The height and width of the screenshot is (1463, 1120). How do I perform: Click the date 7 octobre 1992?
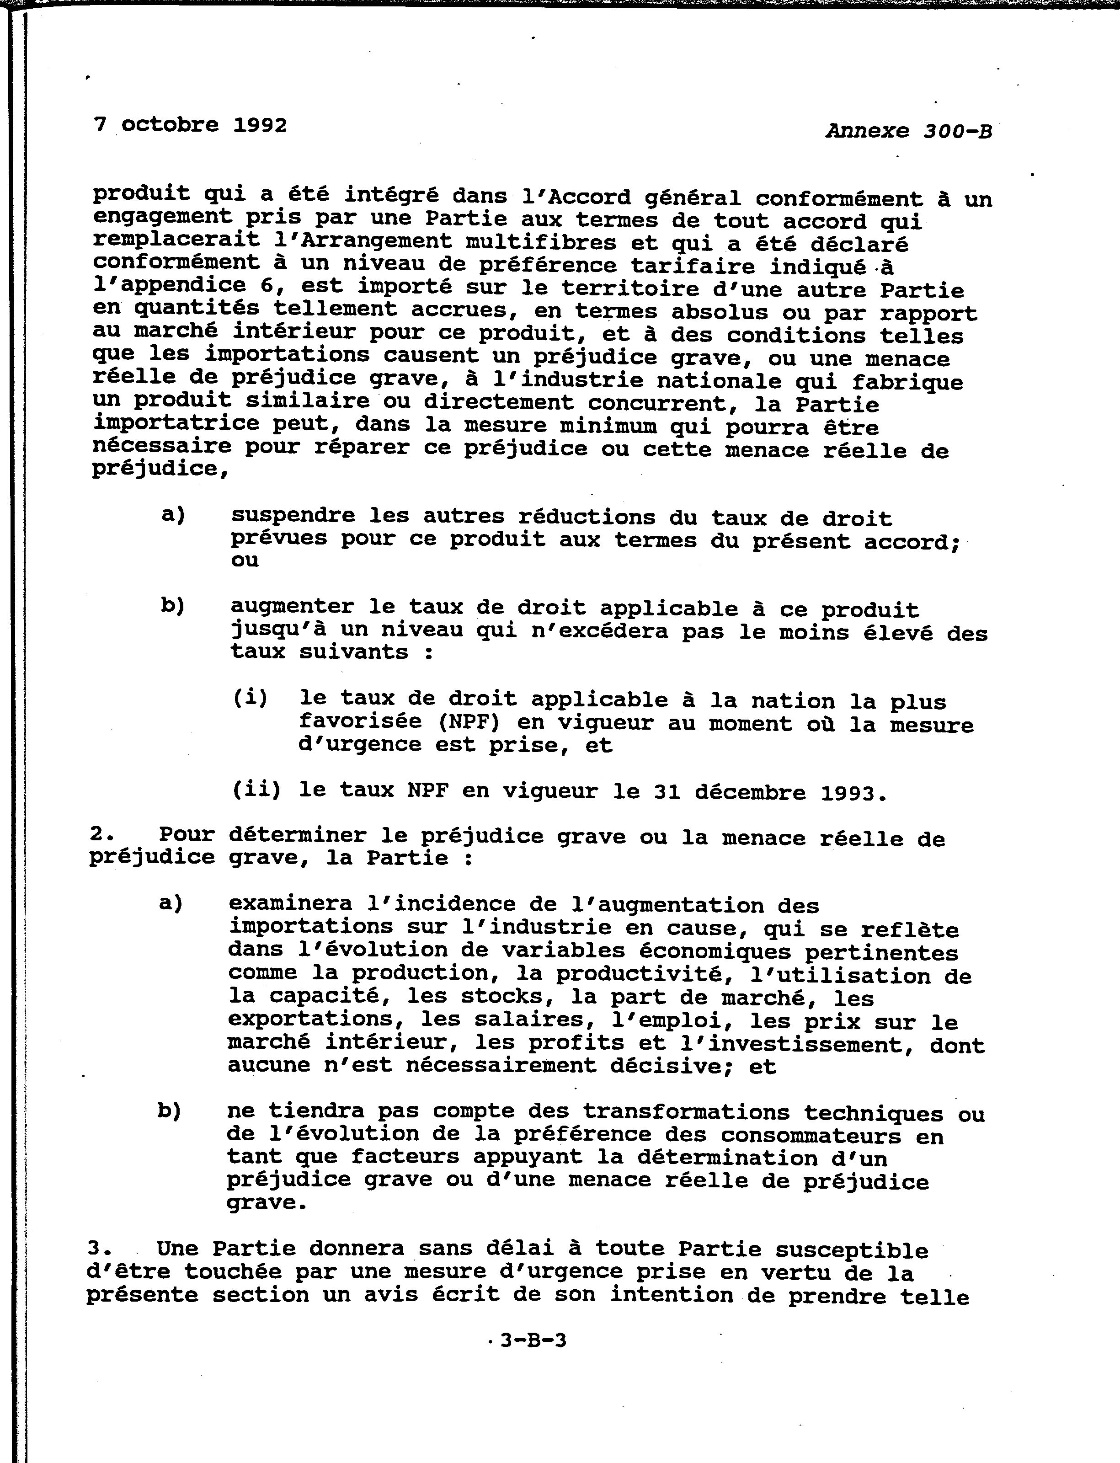pyautogui.click(x=191, y=125)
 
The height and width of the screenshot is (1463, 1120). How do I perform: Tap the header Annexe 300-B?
pyautogui.click(x=909, y=131)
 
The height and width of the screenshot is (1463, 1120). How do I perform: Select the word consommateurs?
pyautogui.click(x=811, y=1135)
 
